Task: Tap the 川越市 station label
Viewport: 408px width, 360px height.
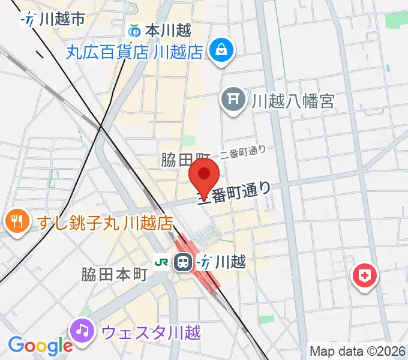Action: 60,19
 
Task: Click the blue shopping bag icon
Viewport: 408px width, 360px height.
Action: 221,50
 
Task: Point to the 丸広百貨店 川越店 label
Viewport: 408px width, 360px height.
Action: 134,52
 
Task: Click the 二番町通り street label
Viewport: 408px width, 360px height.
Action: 242,154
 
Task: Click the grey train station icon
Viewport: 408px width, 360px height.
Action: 183,262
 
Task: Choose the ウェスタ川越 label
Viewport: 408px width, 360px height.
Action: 151,331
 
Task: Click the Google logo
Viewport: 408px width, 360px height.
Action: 40,346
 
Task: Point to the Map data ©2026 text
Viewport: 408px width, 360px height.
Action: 358,350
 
